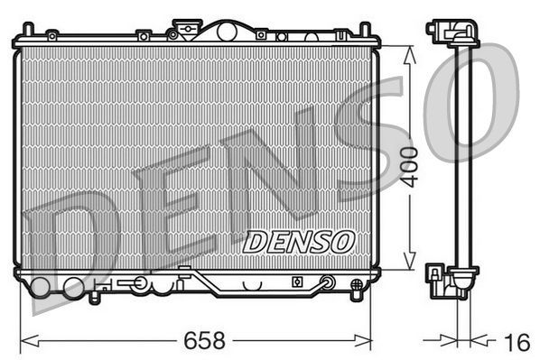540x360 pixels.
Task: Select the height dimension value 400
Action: click(409, 166)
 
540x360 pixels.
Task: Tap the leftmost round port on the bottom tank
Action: click(42, 289)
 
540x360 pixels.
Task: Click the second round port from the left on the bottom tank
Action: click(72, 289)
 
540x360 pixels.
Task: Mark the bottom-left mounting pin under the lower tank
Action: click(96, 293)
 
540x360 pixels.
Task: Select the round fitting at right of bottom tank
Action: click(327, 282)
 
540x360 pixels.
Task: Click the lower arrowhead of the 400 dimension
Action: click(410, 261)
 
